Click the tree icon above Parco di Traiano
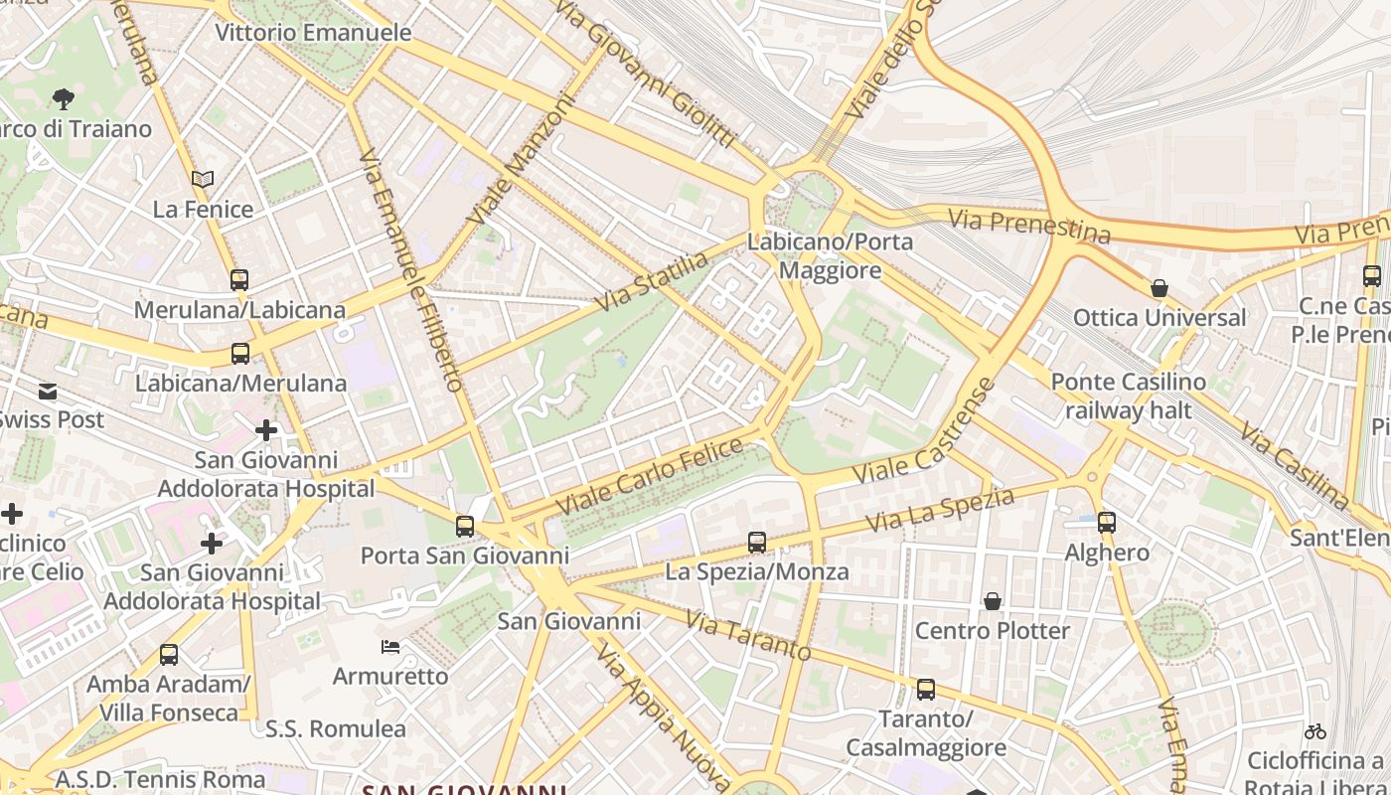pos(63,98)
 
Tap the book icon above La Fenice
pos(203,180)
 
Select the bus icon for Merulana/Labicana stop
pos(239,280)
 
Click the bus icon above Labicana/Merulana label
pos(240,354)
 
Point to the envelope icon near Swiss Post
pos(48,392)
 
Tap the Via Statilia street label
pos(652,281)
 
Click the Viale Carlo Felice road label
pos(649,477)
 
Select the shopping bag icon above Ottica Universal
pos(1159,289)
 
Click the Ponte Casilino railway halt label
pos(1128,396)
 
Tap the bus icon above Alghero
pos(1107,523)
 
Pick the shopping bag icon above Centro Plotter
pos(992,601)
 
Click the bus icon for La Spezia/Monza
pos(757,543)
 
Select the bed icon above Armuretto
pos(390,647)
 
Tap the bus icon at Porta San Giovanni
pos(465,527)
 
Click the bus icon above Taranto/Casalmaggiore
pos(926,689)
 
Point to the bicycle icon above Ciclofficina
pos(1315,731)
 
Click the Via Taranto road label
pos(748,637)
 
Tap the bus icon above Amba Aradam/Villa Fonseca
pos(169,655)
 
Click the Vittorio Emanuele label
pos(313,33)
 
